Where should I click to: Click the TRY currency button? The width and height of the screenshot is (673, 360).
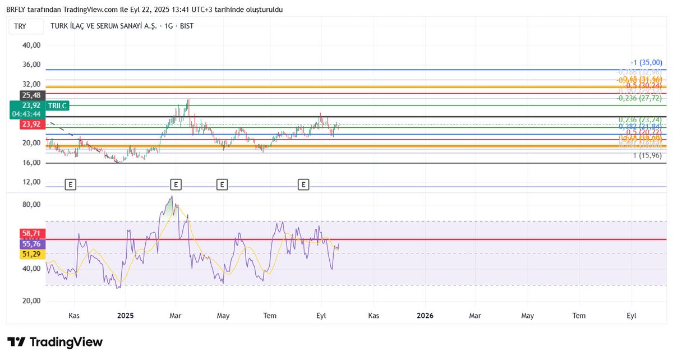(x=20, y=26)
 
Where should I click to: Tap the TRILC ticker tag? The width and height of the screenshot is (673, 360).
(x=57, y=105)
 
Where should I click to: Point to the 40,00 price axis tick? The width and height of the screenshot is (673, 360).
(x=31, y=45)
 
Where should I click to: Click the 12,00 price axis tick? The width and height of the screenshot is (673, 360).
(x=31, y=182)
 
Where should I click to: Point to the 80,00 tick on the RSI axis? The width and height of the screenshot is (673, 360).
(x=31, y=205)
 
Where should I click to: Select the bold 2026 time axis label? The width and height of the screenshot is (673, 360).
(x=425, y=316)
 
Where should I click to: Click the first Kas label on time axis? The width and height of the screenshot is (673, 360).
(x=74, y=316)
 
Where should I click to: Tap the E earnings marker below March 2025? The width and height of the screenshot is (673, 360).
(x=176, y=184)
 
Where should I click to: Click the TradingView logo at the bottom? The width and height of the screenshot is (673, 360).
(x=55, y=342)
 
